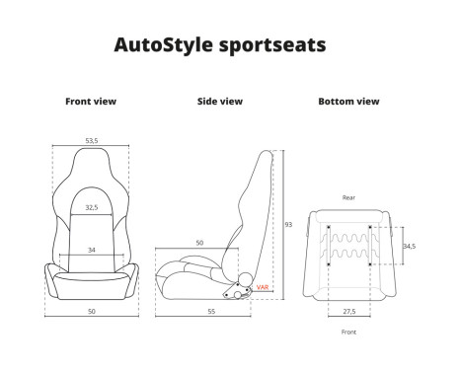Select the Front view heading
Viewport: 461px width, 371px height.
[x=91, y=102]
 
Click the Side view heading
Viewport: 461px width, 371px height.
[x=219, y=102]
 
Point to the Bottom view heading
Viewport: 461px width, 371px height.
[x=347, y=102]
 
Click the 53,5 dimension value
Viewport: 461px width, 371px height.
[x=91, y=141]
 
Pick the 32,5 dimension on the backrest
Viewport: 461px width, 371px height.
[x=91, y=208]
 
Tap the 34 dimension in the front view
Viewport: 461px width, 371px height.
[x=91, y=250]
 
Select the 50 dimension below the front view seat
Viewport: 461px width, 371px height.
[x=91, y=311]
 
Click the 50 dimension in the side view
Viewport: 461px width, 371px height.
[x=198, y=243]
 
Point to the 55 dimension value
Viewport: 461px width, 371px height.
[x=212, y=311]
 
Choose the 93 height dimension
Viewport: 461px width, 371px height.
[x=288, y=225]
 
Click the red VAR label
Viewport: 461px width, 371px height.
[x=262, y=287]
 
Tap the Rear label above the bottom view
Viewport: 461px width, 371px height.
[x=348, y=198]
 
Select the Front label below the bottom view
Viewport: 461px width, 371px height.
[x=348, y=333]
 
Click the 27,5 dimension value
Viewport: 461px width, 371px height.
[x=348, y=311]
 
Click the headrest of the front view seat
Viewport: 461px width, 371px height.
[x=91, y=168]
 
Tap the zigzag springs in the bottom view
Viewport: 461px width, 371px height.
[x=348, y=246]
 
